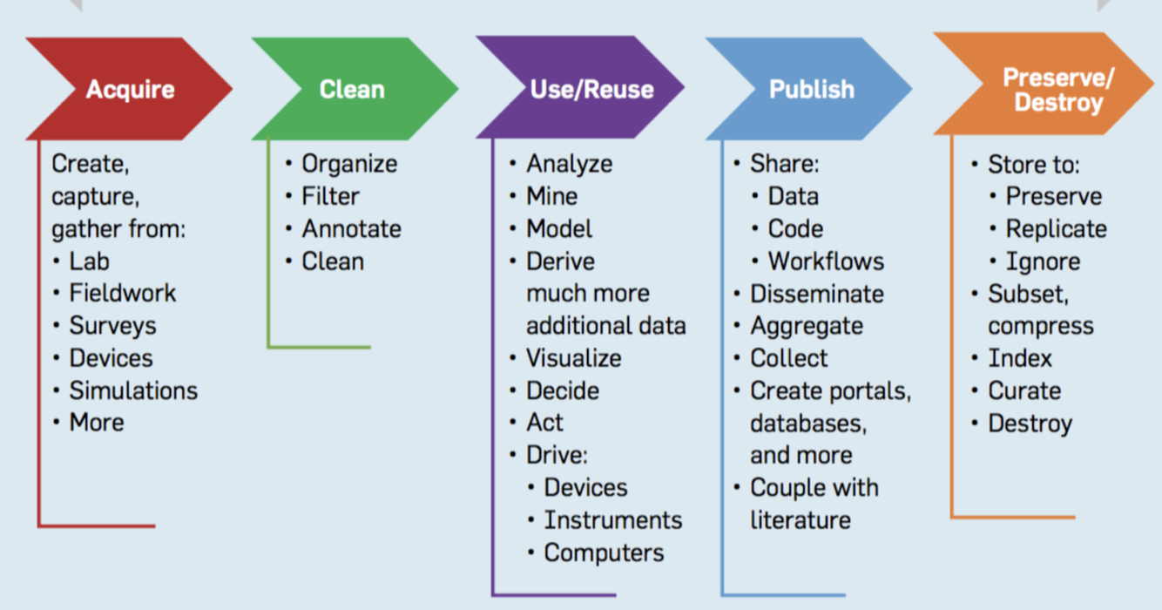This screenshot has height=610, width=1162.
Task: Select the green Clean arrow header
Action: coord(352,89)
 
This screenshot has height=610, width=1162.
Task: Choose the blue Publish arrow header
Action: coord(811,89)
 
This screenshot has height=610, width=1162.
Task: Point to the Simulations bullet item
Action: coord(133,390)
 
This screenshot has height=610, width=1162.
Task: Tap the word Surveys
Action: coord(113,326)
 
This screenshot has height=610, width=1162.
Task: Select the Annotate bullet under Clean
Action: coord(351,229)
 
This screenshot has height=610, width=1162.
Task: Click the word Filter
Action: coord(330,197)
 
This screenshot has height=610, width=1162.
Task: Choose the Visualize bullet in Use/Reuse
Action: coord(573,358)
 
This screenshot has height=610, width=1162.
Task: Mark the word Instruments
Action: coord(612,520)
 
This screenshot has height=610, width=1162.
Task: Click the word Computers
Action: coord(604,552)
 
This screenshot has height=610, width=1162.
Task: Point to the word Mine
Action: coord(551,197)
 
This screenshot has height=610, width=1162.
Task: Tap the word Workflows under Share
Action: coord(825,261)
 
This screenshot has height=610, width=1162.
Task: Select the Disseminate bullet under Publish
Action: coord(816,294)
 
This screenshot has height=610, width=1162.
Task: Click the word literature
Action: coord(800,520)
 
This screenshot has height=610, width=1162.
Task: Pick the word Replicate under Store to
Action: coord(1056,229)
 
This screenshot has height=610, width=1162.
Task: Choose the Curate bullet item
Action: coord(1024,390)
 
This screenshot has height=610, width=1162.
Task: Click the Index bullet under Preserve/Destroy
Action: coord(1019,358)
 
